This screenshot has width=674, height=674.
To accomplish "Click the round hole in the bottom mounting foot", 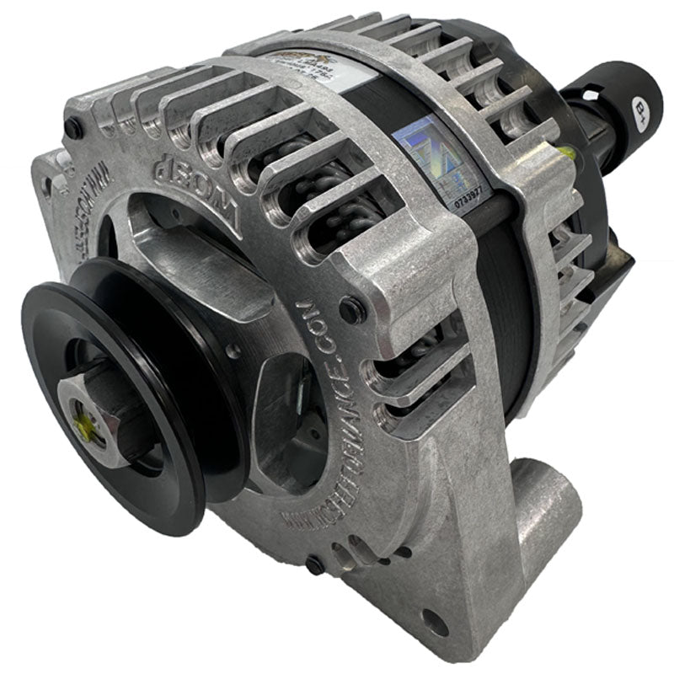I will (x=436, y=624).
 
